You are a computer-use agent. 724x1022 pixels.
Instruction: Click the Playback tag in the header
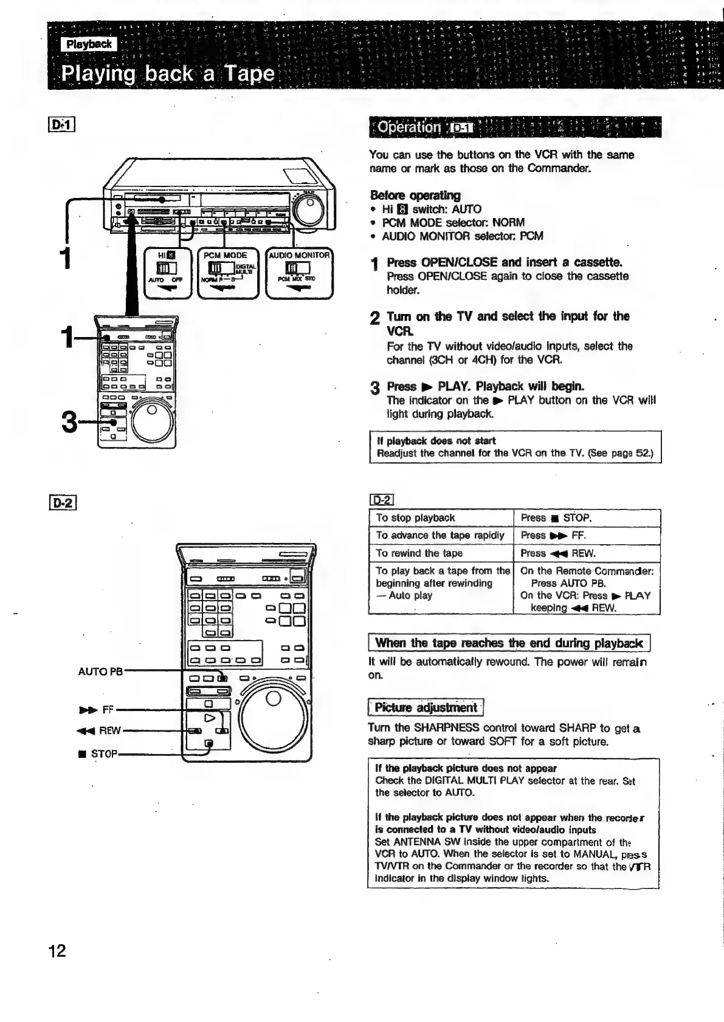pyautogui.click(x=89, y=44)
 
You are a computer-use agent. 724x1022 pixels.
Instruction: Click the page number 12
pyautogui.click(x=57, y=950)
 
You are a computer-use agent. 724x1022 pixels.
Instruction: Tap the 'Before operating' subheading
pyautogui.click(x=415, y=196)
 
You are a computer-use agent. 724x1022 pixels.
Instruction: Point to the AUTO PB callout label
pyautogui.click(x=100, y=671)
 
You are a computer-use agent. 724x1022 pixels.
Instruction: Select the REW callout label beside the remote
pyautogui.click(x=100, y=731)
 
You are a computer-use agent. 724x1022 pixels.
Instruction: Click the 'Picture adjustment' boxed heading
pyautogui.click(x=425, y=707)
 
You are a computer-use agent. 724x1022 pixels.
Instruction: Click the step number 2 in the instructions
pyautogui.click(x=375, y=318)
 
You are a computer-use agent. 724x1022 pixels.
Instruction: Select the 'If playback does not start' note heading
pyautogui.click(x=436, y=440)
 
